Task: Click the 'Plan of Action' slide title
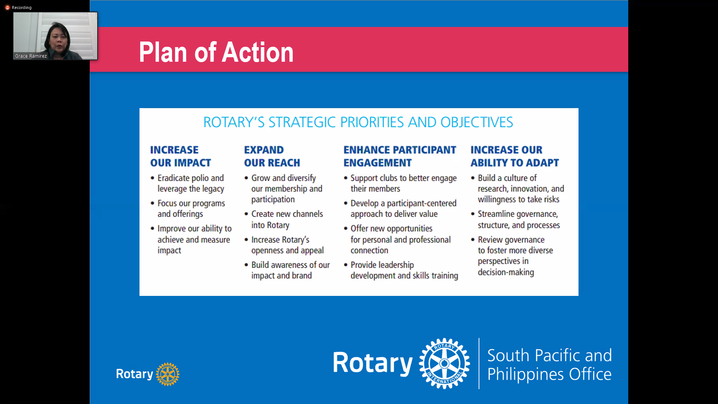(216, 52)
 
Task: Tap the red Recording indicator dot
(7, 7)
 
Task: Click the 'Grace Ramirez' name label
(31, 56)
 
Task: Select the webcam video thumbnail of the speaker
(55, 36)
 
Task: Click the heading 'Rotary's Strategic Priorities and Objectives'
(358, 122)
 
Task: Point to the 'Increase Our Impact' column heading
(181, 156)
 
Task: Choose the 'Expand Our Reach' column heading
(272, 156)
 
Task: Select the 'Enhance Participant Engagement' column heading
(400, 156)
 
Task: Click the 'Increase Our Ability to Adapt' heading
(515, 156)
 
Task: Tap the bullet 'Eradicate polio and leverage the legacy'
(191, 183)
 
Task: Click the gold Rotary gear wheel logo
(168, 374)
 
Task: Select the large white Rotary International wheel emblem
(444, 364)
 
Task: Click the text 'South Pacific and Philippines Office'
(549, 364)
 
